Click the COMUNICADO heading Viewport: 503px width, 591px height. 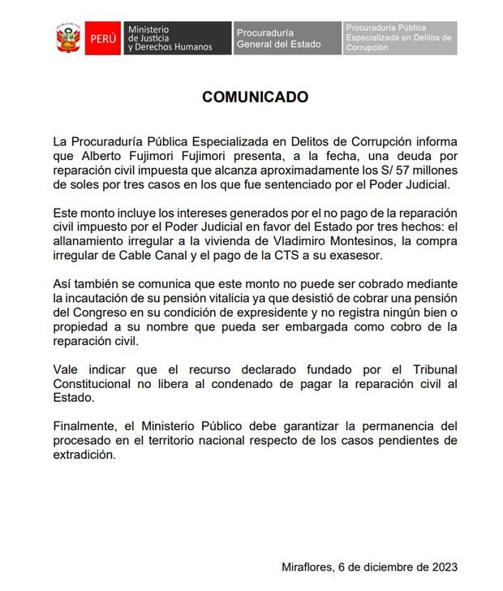click(255, 97)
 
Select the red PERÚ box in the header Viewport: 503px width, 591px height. click(103, 38)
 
